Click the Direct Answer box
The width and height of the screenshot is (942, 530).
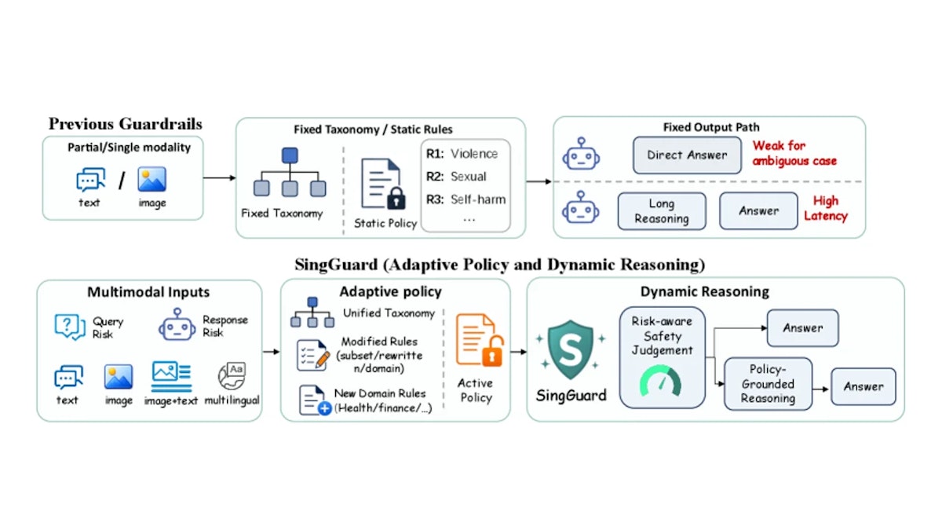coord(687,155)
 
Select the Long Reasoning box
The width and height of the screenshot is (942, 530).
coord(662,211)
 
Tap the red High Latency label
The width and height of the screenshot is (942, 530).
coord(826,208)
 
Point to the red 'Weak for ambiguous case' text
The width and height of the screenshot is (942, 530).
coord(794,153)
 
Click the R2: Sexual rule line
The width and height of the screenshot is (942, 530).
coord(456,176)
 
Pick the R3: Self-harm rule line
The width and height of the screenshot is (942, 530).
coord(466,199)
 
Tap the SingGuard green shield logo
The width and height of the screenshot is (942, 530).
coord(570,349)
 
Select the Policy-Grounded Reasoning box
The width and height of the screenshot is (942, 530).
coord(768,384)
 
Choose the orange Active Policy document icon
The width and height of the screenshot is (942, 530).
coord(479,340)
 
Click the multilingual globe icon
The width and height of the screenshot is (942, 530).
coord(232,375)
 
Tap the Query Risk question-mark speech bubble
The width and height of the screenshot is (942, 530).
coord(69,327)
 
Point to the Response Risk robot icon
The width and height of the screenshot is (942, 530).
coord(177,324)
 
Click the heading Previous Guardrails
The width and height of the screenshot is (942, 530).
coord(126,124)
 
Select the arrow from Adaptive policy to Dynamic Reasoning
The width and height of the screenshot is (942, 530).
coord(519,352)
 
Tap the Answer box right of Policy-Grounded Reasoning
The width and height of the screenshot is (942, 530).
coord(863,386)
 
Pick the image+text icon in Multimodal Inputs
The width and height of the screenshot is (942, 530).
coord(171,376)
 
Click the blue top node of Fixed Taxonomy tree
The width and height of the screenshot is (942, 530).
coord(290,155)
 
